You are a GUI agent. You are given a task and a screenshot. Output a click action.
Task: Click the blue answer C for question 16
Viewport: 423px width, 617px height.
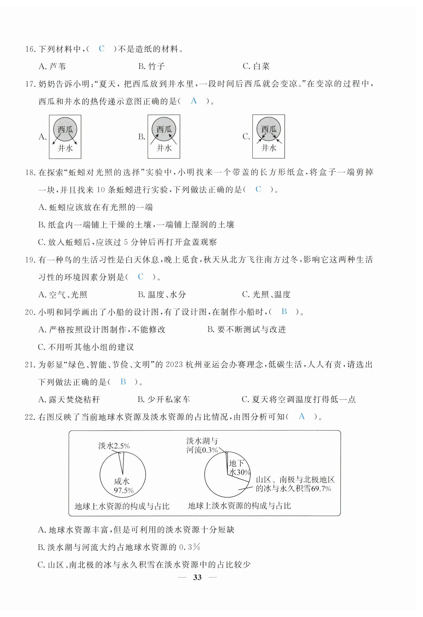click(102, 49)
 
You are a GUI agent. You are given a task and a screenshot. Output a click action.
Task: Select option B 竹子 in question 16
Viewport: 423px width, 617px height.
click(152, 66)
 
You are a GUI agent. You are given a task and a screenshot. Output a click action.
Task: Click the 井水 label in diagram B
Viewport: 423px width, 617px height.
click(164, 148)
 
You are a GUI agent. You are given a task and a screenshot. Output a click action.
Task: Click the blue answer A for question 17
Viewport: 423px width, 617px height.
click(194, 101)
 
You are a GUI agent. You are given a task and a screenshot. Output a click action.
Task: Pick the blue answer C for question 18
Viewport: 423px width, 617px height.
click(258, 189)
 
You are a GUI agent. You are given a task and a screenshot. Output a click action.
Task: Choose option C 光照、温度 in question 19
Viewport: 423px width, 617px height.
click(266, 295)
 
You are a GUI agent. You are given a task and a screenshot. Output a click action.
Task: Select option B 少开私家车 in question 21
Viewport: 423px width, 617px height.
click(164, 400)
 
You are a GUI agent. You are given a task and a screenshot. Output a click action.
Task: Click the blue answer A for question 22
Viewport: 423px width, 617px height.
click(301, 416)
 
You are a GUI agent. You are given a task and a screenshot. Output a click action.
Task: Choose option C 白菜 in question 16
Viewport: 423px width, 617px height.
click(256, 66)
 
